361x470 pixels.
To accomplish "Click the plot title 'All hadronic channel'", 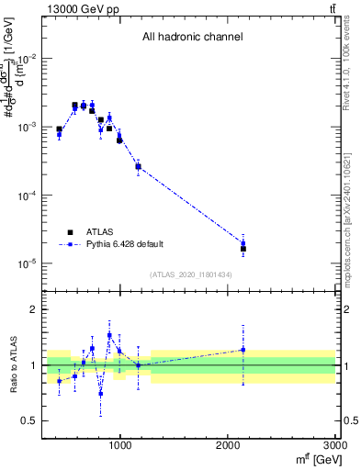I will pyautogui.click(x=192, y=38).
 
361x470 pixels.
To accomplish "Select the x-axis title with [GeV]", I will pyautogui.click(x=312, y=459).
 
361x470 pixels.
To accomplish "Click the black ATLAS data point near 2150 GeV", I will pyautogui.click(x=243, y=249).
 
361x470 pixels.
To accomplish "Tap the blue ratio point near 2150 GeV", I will pyautogui.click(x=243, y=349).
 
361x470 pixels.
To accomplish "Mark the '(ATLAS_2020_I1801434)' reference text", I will pyautogui.click(x=190, y=275).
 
